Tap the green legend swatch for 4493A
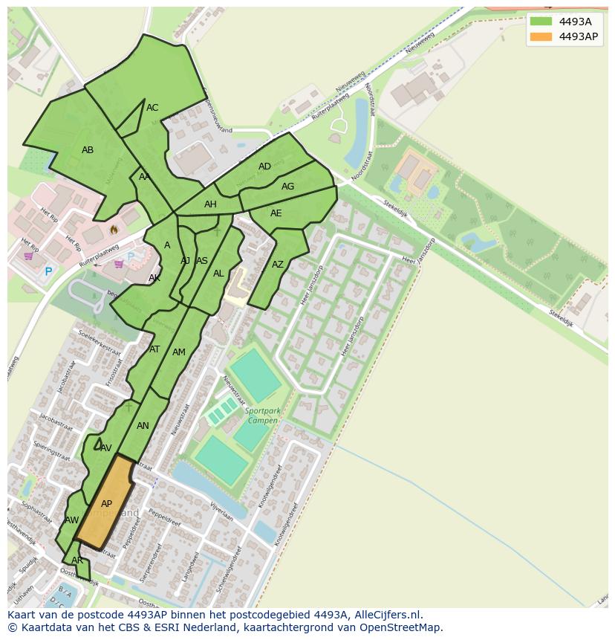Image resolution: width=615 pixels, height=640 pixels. (540, 22)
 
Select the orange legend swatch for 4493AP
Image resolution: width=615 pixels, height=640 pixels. (540, 36)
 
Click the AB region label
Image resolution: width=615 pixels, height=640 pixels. (88, 150)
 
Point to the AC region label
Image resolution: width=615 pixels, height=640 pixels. (152, 108)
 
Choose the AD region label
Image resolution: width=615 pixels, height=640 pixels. (264, 167)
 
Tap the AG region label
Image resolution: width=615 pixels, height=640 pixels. (287, 187)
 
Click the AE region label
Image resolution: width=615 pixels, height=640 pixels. (276, 213)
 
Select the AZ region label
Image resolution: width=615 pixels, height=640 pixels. (278, 265)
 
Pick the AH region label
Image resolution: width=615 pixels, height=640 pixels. (210, 204)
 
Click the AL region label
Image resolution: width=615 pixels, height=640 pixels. (218, 274)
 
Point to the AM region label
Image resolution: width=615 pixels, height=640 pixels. (179, 352)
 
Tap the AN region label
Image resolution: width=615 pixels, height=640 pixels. (143, 426)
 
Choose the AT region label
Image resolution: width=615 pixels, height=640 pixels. (154, 349)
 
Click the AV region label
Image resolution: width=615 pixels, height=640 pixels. (106, 448)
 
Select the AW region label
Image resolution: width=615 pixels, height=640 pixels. (72, 520)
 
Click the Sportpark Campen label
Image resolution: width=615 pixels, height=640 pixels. (261, 416)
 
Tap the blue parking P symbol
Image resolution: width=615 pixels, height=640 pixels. (48, 272)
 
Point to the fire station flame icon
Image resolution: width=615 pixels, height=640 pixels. (114, 230)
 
